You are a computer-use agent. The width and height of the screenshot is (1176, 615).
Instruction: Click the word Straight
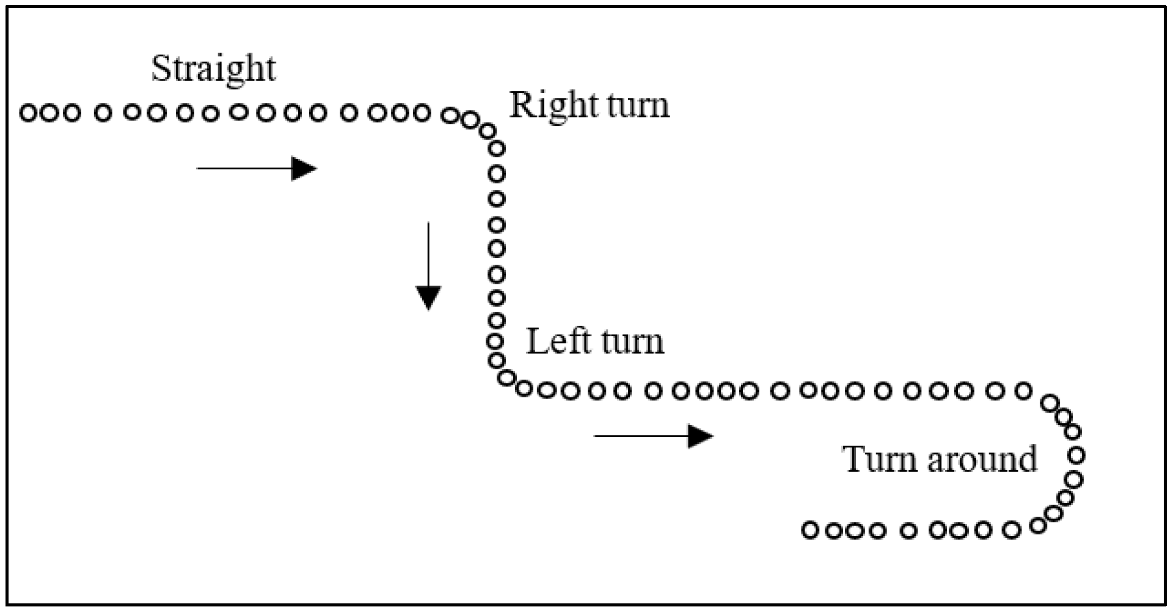pos(213,70)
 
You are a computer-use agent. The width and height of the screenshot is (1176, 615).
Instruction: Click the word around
pos(982,459)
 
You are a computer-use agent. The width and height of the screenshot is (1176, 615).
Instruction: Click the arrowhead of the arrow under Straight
pos(304,168)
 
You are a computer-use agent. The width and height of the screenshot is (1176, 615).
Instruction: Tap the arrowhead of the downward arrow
pos(428,298)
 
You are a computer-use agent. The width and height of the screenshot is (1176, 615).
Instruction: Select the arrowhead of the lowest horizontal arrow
pos(701,436)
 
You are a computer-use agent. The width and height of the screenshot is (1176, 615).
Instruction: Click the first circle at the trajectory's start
pos(28,113)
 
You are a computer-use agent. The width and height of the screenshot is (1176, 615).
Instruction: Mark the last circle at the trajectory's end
pos(810,530)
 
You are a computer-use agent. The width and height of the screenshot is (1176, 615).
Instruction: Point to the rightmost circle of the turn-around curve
pos(1077,455)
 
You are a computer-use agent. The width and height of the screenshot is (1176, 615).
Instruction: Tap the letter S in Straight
pos(159,68)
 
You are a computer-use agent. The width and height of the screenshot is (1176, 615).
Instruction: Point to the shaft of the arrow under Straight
pos(244,168)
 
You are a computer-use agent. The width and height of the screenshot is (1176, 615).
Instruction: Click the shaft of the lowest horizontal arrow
pos(641,436)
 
